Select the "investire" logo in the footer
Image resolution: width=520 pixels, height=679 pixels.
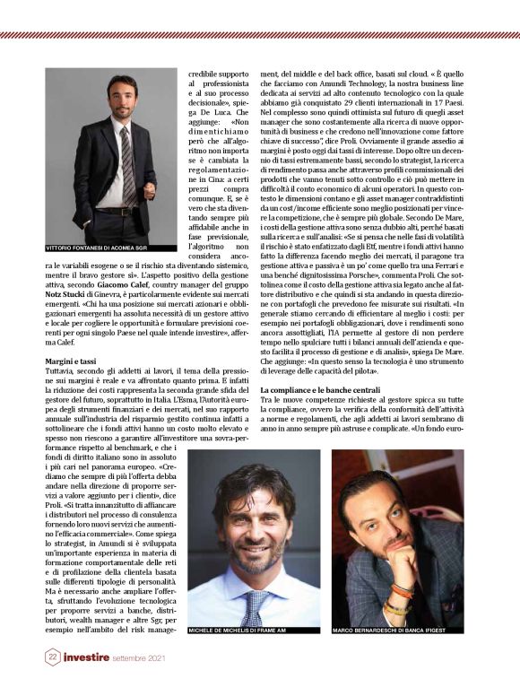click(95, 657)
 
